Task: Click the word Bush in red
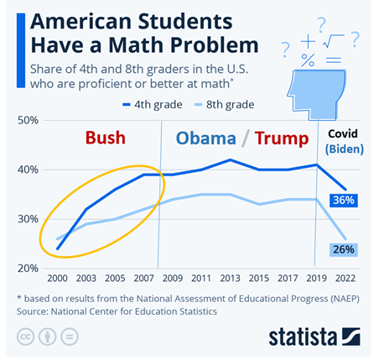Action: tap(106, 137)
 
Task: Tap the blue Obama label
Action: tap(205, 138)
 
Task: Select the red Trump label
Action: tap(282, 138)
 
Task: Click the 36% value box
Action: tap(343, 200)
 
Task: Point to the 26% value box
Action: tap(343, 249)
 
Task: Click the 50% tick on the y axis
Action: tap(27, 121)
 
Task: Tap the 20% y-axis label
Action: tap(27, 268)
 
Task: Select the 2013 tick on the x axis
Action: tap(228, 279)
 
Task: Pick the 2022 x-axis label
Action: tap(343, 279)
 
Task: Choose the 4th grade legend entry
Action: tap(155, 105)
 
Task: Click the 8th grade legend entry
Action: tap(227, 105)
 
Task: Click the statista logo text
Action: tap(301, 337)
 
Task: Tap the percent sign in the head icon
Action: tap(308, 60)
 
